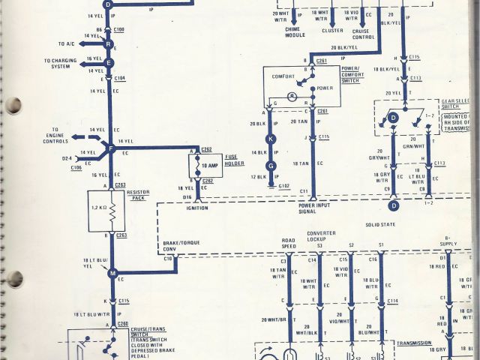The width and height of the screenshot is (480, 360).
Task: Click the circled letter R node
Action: pyautogui.click(x=109, y=45)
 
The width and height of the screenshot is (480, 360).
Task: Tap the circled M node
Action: pyautogui.click(x=113, y=274)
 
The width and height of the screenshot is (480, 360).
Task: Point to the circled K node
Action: pyautogui.click(x=272, y=139)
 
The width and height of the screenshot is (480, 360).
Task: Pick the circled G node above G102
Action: pyautogui.click(x=272, y=166)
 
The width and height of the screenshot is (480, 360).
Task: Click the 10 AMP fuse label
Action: pyautogui.click(x=210, y=165)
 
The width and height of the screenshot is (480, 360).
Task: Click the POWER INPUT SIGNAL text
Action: pyautogui.click(x=314, y=208)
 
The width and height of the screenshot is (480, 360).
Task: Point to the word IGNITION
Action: pyautogui.click(x=199, y=208)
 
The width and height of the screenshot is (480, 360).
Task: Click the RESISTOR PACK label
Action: pyautogui.click(x=139, y=195)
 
